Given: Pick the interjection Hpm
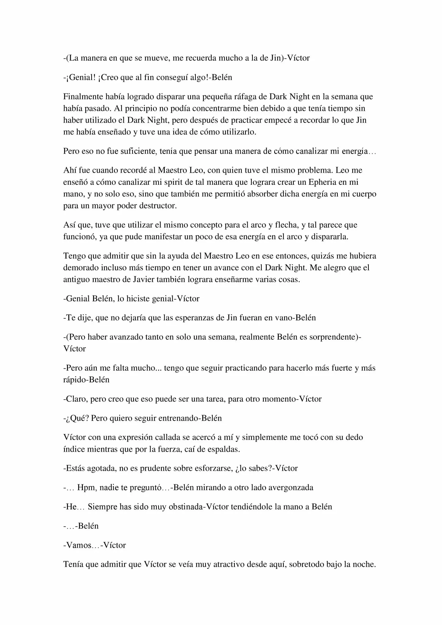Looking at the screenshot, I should (x=85, y=488).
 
